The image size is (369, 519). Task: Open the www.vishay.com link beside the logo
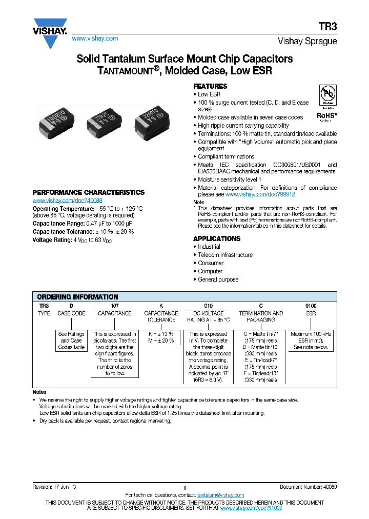(95, 38)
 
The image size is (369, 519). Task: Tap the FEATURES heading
(210, 86)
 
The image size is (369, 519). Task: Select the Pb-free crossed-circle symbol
(327, 95)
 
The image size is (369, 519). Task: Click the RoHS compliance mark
(327, 116)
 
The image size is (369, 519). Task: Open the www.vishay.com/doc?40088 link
(67, 201)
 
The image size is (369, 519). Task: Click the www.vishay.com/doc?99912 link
(260, 195)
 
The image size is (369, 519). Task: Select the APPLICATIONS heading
(216, 238)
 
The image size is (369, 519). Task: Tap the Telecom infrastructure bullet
(225, 255)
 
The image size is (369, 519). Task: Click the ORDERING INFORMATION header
(77, 297)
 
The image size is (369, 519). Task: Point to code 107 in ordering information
(115, 306)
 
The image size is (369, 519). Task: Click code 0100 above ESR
(311, 306)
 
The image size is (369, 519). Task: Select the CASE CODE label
(71, 313)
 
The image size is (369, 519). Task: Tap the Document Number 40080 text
(308, 486)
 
